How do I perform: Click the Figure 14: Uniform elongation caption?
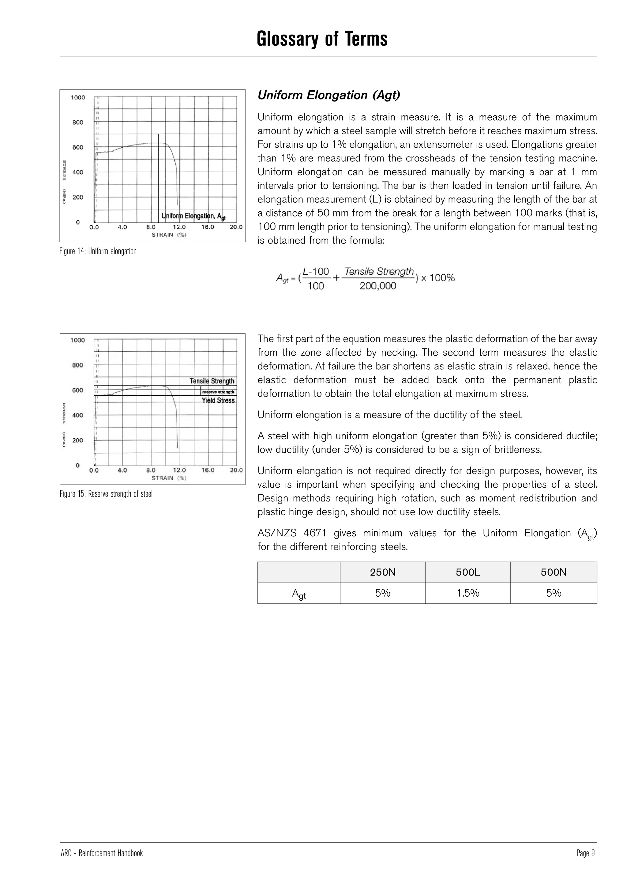pos(98,251)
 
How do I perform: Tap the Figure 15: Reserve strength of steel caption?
pos(106,494)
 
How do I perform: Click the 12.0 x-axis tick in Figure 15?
pos(179,470)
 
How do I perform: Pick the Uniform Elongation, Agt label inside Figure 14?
pos(193,216)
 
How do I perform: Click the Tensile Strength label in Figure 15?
pos(212,381)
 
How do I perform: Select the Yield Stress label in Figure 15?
pos(218,401)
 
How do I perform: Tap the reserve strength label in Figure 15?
pos(218,392)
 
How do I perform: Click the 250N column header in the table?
pos(383,572)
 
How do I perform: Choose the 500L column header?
pos(467,572)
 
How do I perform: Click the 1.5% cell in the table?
pos(468,593)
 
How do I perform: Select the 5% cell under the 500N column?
pos(553,593)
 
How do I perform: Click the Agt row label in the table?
pos(299,594)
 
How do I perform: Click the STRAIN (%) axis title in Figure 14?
pos(169,235)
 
